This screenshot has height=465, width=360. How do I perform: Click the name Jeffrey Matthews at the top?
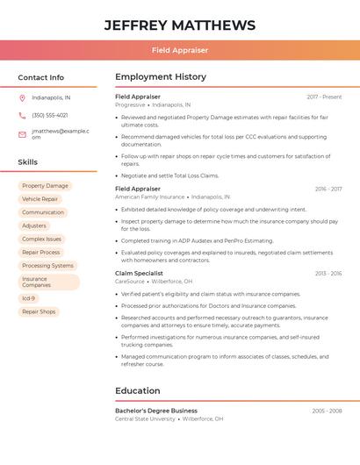180,25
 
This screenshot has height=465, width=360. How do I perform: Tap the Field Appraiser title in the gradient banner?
180,51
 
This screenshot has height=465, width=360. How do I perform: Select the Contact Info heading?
41,77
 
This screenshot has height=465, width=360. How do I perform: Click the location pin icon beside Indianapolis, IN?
22,97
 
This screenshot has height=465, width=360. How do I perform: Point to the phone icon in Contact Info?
22,116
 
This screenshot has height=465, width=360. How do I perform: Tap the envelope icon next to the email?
22,134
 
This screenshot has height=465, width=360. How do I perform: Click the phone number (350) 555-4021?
50,116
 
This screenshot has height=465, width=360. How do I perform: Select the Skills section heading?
28,162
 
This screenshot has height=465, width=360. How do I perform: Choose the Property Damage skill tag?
45,186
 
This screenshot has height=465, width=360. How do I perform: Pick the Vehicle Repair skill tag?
40,199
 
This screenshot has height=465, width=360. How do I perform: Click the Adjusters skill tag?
34,225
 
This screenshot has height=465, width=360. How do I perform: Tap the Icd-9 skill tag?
29,298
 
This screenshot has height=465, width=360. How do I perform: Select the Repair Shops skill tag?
39,311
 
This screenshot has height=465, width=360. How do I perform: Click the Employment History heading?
161,77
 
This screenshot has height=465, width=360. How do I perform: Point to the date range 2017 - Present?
324,97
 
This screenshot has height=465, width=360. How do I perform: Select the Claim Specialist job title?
139,273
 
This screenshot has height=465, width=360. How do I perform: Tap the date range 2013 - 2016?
328,273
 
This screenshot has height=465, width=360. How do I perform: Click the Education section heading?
138,390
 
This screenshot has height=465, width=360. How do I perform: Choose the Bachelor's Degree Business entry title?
156,411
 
